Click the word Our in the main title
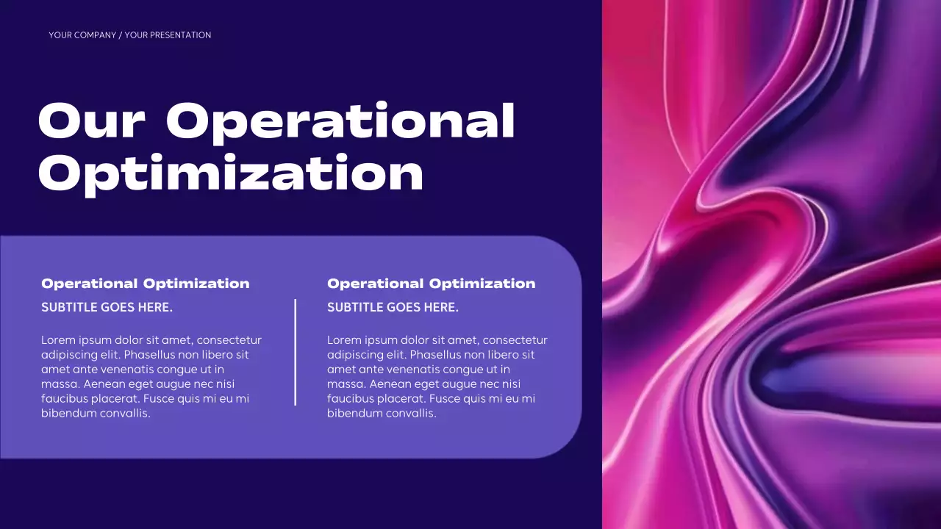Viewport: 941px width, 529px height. tap(91, 121)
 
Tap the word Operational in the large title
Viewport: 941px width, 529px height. tap(340, 121)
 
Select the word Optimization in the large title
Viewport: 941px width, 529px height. tap(230, 174)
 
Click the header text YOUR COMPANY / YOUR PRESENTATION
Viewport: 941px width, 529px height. tap(130, 35)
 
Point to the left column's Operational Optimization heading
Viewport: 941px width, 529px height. tap(146, 284)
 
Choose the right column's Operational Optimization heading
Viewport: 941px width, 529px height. tap(432, 284)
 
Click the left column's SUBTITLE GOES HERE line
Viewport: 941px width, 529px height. tap(107, 307)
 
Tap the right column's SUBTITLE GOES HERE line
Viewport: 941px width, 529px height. tap(393, 307)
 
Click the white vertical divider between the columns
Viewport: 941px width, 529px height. tap(296, 352)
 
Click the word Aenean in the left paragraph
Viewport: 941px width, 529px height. tap(104, 384)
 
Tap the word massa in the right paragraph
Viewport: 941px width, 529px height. tap(346, 384)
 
